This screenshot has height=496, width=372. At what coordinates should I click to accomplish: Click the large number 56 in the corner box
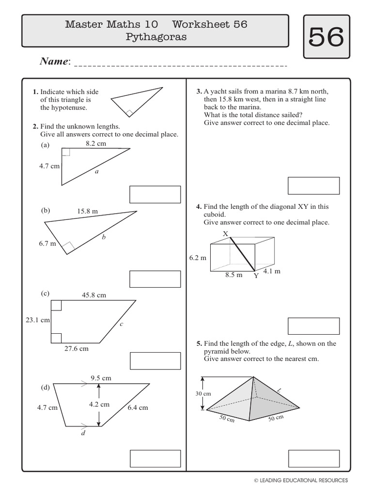[326, 37]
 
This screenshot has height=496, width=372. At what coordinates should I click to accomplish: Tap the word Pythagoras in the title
[156, 37]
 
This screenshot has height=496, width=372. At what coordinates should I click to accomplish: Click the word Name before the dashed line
[55, 61]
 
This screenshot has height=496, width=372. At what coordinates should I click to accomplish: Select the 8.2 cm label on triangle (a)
[95, 143]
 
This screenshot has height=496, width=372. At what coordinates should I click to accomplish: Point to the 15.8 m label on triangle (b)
[87, 211]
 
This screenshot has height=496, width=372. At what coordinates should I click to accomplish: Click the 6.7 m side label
[47, 244]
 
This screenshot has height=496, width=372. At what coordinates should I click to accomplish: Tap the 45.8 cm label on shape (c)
[94, 294]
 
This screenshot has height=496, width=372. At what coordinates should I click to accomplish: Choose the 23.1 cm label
[37, 320]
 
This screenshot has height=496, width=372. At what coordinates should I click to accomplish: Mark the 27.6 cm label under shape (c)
[77, 348]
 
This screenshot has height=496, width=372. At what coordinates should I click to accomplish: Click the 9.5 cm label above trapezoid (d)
[101, 378]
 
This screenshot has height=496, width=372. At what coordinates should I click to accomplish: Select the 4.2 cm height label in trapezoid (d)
[99, 404]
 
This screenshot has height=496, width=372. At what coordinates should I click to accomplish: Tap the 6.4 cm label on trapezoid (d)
[138, 408]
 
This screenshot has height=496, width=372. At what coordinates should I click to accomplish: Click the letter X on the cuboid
[225, 234]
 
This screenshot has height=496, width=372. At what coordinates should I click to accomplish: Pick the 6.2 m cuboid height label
[198, 258]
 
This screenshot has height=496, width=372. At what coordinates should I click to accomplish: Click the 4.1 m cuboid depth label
[272, 271]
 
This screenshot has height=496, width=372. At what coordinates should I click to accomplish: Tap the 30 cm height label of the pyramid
[203, 394]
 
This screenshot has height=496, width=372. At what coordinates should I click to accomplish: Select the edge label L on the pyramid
[279, 390]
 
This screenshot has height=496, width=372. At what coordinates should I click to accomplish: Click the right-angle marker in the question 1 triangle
[129, 113]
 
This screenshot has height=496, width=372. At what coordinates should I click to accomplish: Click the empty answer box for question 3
[313, 186]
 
